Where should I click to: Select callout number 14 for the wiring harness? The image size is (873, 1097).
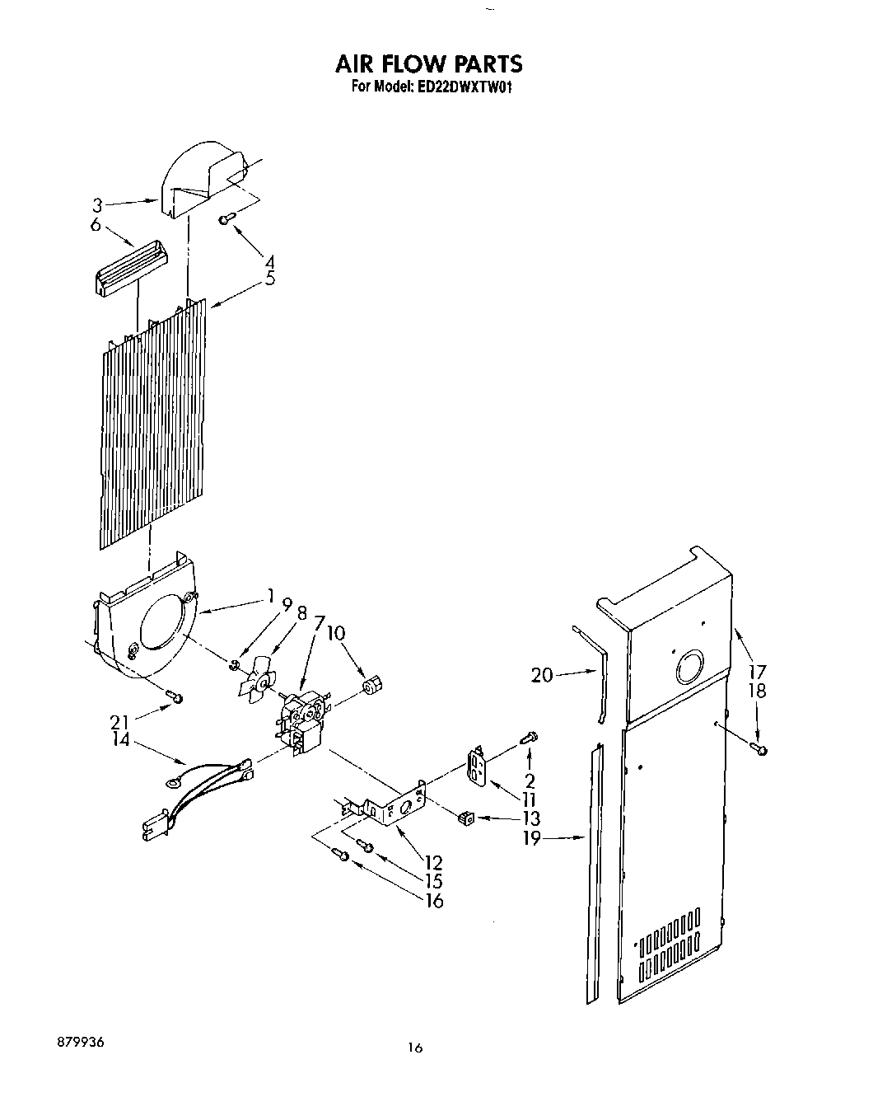(x=121, y=740)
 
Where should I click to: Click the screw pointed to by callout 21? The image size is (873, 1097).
(x=175, y=698)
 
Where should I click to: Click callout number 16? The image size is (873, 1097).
(x=433, y=900)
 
